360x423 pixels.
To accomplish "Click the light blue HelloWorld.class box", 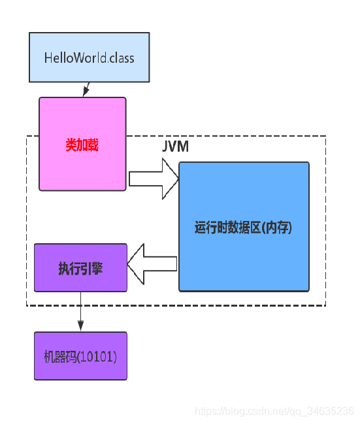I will [x=90, y=58].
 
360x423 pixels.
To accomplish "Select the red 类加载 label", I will [x=82, y=145].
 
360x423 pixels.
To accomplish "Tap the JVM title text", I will [x=175, y=146].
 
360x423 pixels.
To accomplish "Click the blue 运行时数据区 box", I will [x=244, y=226].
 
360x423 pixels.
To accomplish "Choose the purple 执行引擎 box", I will [x=80, y=267].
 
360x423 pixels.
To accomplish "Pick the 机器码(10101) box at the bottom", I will [x=80, y=356].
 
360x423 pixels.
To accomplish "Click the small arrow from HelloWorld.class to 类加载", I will [x=85, y=90].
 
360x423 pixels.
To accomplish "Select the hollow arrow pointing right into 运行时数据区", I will [x=154, y=178].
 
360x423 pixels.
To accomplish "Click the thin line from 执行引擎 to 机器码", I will [x=80, y=307].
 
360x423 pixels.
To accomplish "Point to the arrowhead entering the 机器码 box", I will [x=80, y=327].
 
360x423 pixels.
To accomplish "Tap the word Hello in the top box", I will [x=57, y=58].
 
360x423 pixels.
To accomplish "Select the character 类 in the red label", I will [x=71, y=145].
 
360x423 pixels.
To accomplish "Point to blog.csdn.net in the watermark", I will [x=256, y=411].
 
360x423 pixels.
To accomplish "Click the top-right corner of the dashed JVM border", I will [x=325, y=136].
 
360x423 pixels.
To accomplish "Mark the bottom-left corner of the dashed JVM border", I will [x=27, y=305].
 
